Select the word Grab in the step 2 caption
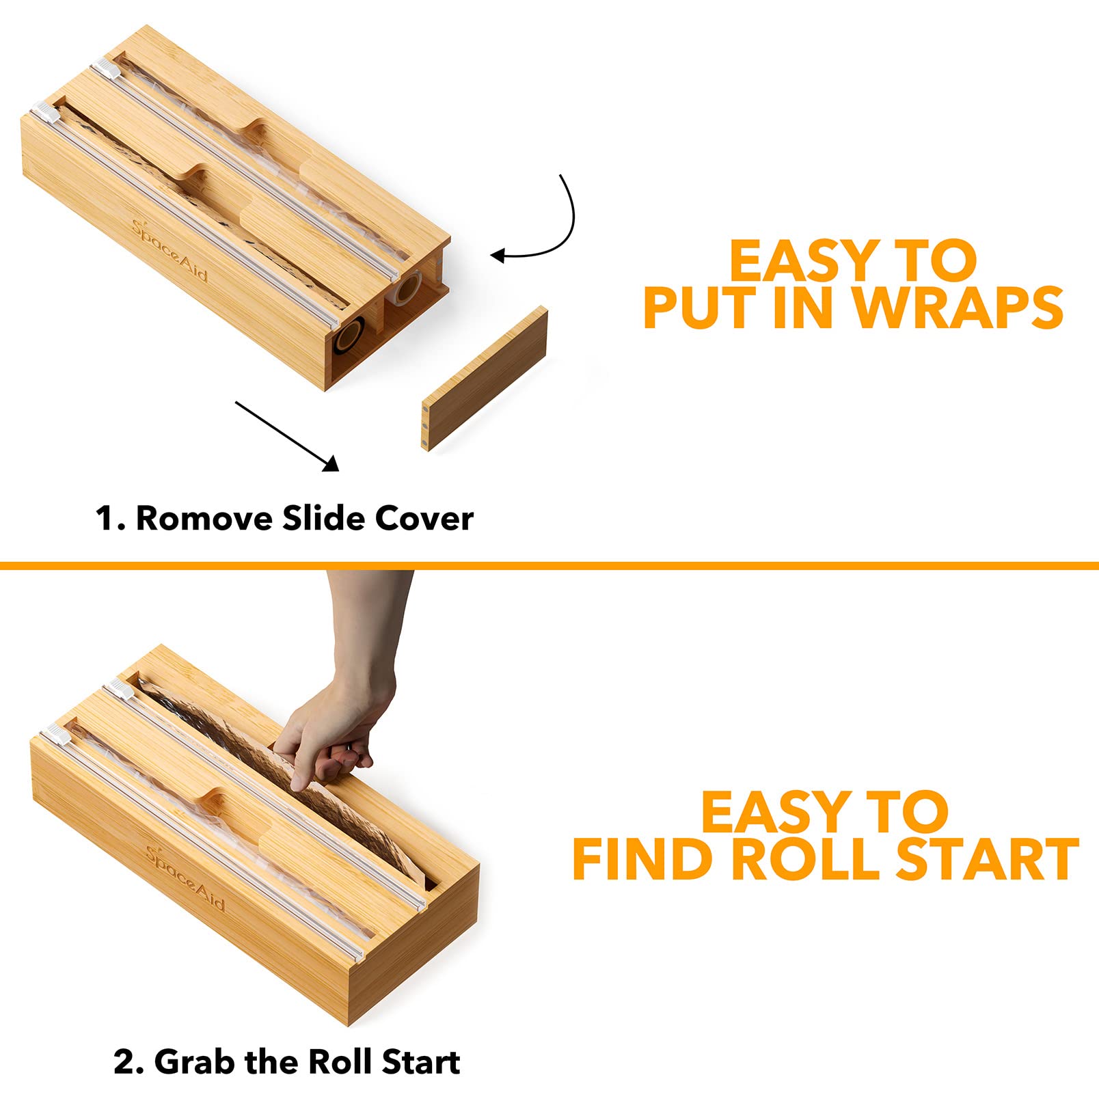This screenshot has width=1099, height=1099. [x=194, y=1061]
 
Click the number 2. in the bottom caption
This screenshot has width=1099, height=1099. [x=128, y=1061]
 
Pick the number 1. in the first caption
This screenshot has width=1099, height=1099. [x=111, y=518]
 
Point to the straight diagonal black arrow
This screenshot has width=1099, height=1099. [x=287, y=437]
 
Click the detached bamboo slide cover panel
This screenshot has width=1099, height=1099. [x=485, y=378]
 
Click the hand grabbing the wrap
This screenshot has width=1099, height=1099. [x=345, y=683]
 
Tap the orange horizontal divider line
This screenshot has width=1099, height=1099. [x=549, y=565]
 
